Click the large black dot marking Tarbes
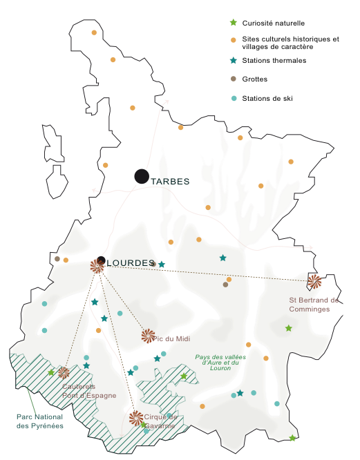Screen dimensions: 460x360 pos(142,176)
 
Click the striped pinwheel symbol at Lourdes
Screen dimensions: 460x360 pos(97,267)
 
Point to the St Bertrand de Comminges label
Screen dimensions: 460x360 pos(314,305)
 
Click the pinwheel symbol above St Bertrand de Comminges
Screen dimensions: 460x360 pos(314,281)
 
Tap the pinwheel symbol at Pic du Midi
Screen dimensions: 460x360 pos(148,336)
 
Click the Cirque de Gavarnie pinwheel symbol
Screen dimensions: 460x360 pos(137,418)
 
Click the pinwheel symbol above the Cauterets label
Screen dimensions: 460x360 pos(64,373)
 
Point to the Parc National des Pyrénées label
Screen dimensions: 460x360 pos(40,421)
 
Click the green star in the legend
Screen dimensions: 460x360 pos(234,23)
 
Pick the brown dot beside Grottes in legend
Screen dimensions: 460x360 pos(234,79)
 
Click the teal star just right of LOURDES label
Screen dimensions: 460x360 pos(162,265)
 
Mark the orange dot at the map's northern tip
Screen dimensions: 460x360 pos(94,32)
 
